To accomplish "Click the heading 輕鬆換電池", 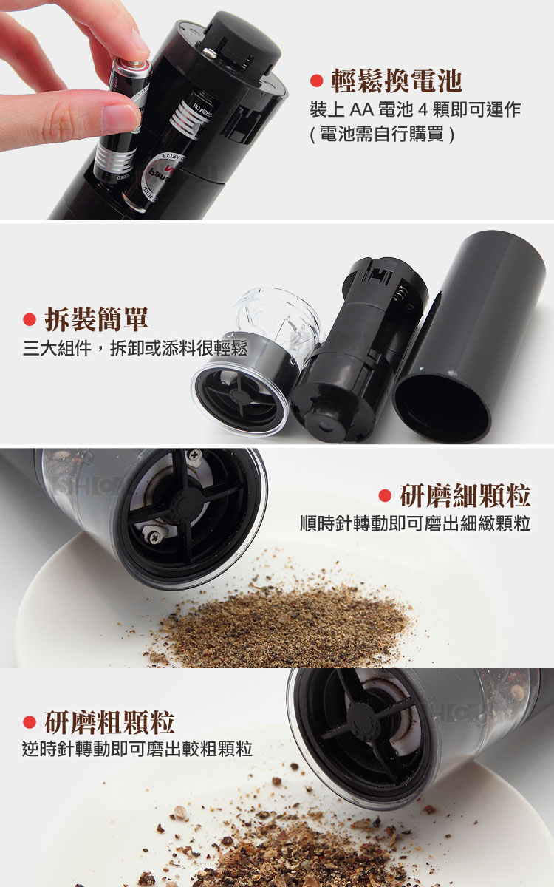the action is click(396, 81).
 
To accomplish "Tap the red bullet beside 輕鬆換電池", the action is click(317, 81).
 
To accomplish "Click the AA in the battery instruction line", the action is click(362, 109).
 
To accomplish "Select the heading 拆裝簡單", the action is click(97, 319).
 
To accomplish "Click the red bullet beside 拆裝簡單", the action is click(30, 319).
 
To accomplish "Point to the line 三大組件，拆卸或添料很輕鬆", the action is click(135, 348).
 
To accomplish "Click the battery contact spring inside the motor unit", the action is click(400, 295).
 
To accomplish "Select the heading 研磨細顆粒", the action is click(465, 495).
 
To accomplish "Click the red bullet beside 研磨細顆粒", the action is click(385, 495).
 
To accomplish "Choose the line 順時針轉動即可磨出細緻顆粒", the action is click(415, 523).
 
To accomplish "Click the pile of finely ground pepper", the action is click(285, 625).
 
